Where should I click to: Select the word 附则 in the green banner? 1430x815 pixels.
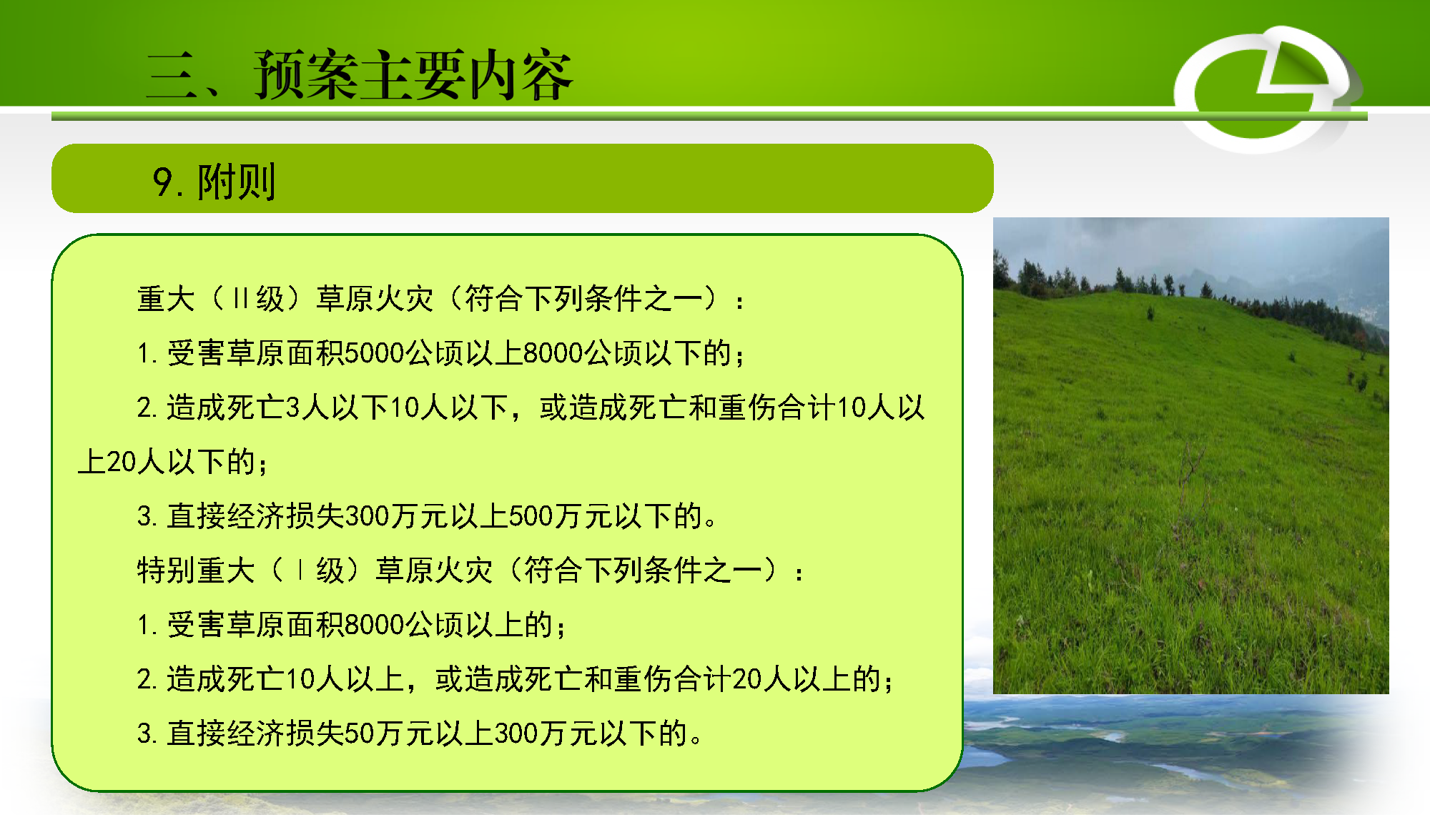point(237,182)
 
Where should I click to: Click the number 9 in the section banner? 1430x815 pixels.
point(163,182)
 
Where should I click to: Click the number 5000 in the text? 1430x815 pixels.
point(375,353)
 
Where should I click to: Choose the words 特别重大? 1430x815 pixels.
point(196,570)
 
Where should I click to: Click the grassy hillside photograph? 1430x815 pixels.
point(1191,455)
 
